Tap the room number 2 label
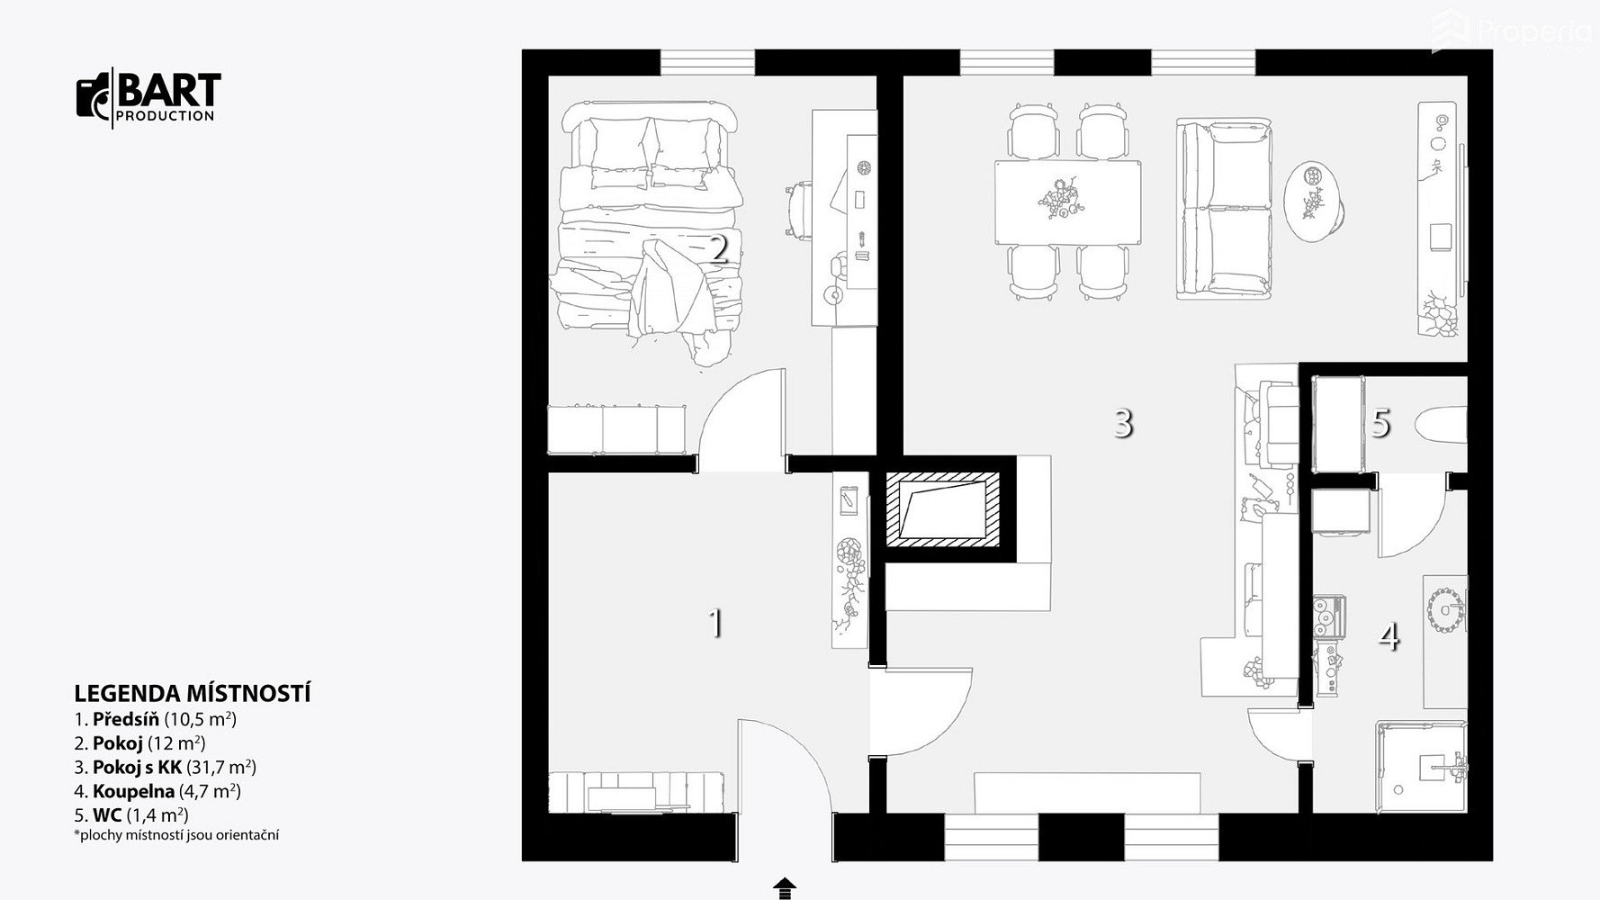click(718, 248)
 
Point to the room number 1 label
click(716, 623)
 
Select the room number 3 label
click(1123, 422)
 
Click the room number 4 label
click(1389, 637)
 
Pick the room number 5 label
click(1381, 423)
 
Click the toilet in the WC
click(1441, 426)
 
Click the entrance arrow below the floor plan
click(785, 888)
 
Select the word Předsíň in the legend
click(126, 719)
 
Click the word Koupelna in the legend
click(133, 792)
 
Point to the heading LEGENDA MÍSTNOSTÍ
click(193, 694)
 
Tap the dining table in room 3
click(1067, 202)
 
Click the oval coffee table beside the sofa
click(1313, 202)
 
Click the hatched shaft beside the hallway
click(942, 510)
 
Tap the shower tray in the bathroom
click(1421, 766)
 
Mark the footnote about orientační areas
click(176, 835)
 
